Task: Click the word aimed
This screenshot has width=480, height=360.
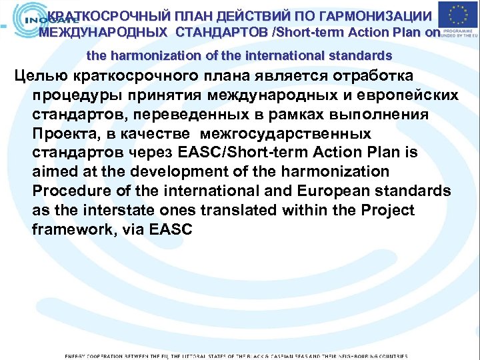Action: tap(54, 172)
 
